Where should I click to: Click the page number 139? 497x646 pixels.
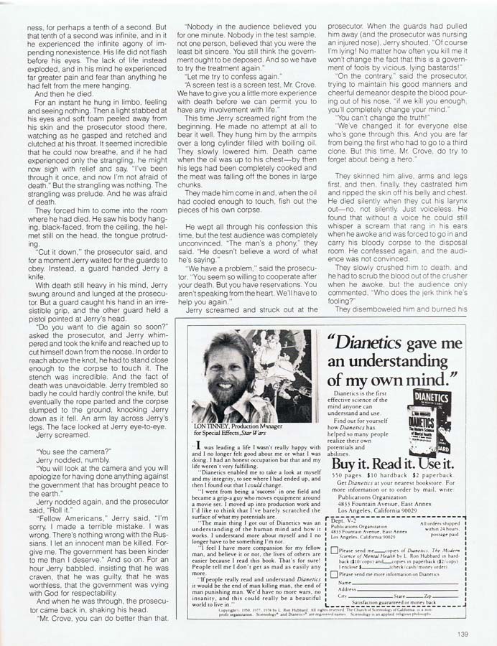(x=462, y=634)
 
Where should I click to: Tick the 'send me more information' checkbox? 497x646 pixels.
(x=334, y=594)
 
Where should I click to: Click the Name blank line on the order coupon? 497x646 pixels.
(x=402, y=604)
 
